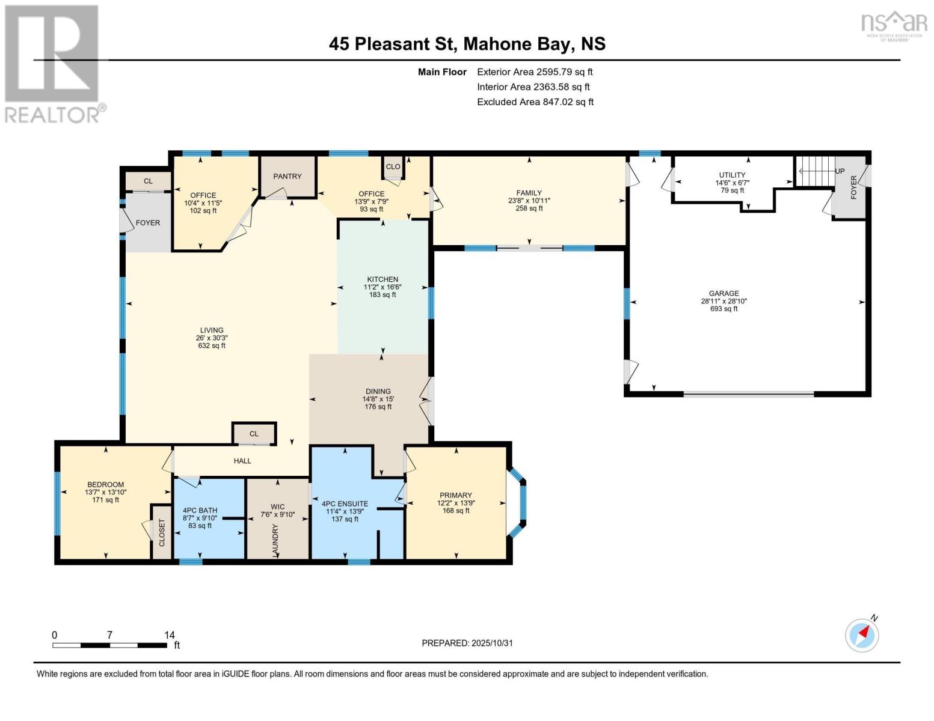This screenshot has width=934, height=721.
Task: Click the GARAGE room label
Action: click(x=724, y=293)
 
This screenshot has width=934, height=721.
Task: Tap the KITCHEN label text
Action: click(x=383, y=279)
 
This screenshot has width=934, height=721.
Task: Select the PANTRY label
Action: click(x=287, y=176)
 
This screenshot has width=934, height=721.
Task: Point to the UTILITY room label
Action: click(x=732, y=175)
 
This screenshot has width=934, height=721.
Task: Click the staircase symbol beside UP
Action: click(x=816, y=171)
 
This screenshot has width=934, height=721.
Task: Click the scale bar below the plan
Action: click(x=109, y=645)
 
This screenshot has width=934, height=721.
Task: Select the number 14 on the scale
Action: click(x=169, y=634)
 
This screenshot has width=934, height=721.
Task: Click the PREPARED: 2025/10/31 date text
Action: click(x=467, y=643)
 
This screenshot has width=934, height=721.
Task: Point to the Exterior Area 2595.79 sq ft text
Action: click(x=535, y=71)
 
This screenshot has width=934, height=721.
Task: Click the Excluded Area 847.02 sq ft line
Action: click(x=535, y=102)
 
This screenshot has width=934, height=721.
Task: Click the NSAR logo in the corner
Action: click(x=894, y=26)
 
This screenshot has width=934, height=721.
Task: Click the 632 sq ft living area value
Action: click(x=212, y=345)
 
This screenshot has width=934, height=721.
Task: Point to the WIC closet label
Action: click(x=277, y=507)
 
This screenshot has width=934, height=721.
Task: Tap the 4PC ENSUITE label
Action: click(x=345, y=504)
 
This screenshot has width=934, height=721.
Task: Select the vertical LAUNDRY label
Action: click(x=275, y=540)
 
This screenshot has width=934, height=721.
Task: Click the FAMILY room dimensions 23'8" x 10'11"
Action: click(x=529, y=201)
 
